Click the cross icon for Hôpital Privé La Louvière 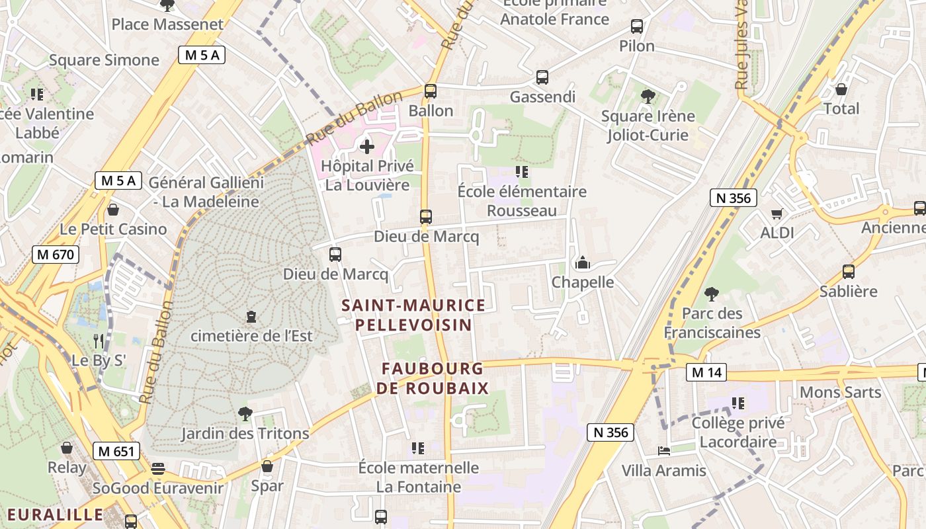pos(367,146)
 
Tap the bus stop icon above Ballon pos(431,91)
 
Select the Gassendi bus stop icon pos(542,77)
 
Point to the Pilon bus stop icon pos(637,26)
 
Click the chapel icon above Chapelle pos(583,263)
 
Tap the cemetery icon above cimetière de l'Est pos(251,317)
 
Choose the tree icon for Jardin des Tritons pos(245,414)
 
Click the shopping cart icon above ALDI pos(777,214)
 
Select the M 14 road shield pos(706,373)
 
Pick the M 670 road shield pos(56,255)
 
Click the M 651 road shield pos(116,452)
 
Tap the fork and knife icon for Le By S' pos(99,341)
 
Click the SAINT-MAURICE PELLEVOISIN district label pos(413,315)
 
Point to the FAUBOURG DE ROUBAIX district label pos(433,378)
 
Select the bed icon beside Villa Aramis pos(664,451)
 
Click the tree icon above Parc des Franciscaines pos(712,294)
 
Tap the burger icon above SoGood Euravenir pos(157,469)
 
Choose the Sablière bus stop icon pos(849,272)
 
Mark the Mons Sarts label pos(840,392)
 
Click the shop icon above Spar pos(267,466)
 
